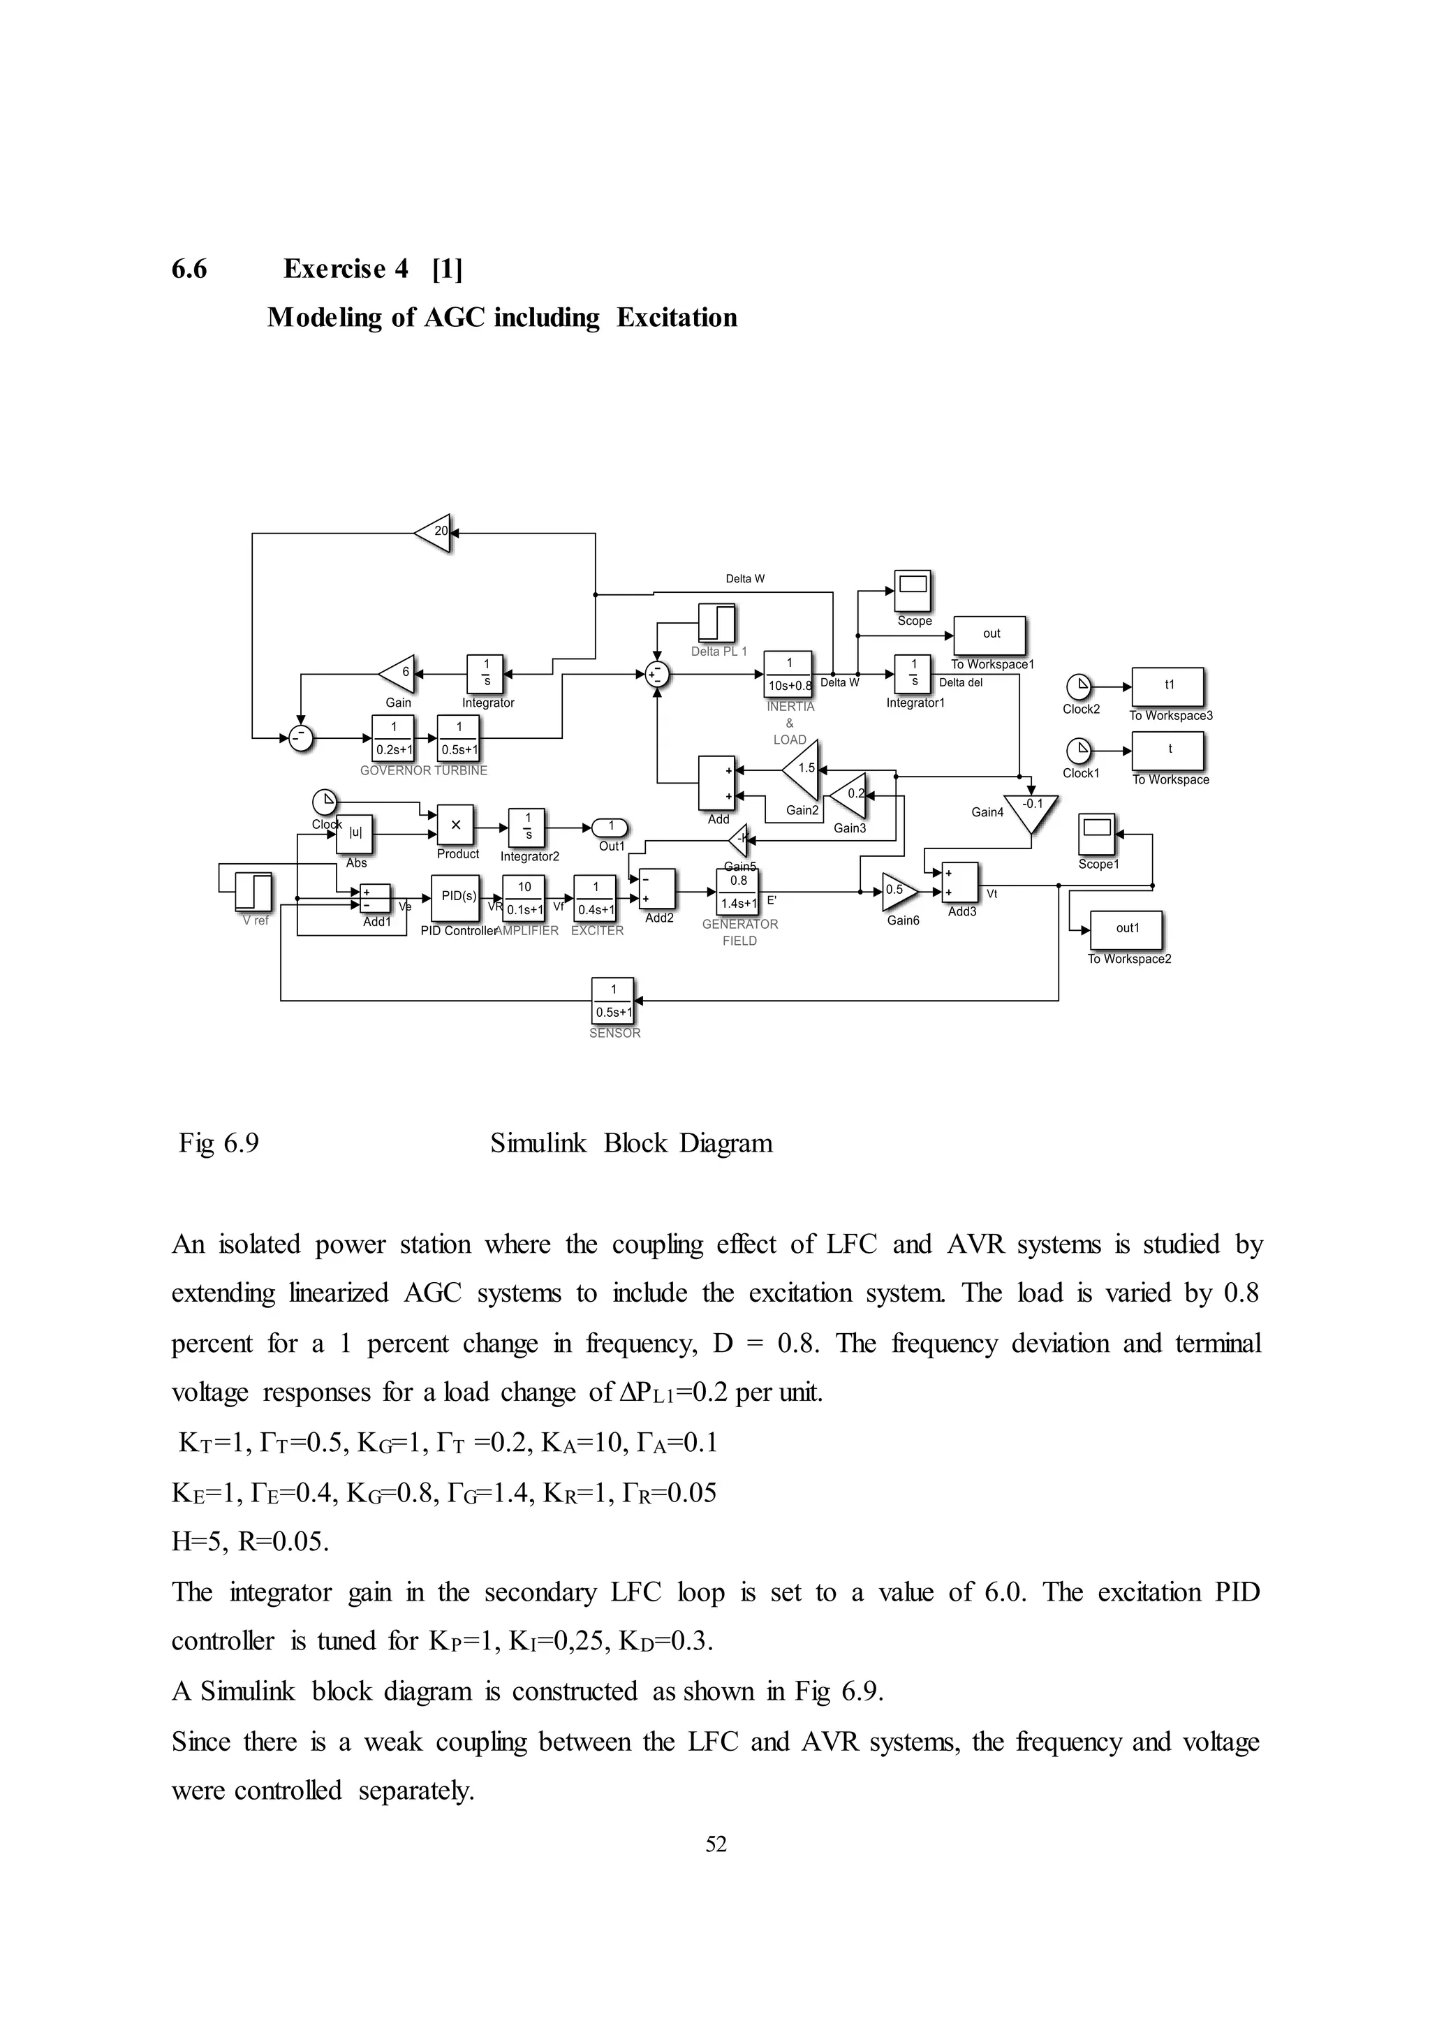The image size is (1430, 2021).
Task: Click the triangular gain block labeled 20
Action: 434,533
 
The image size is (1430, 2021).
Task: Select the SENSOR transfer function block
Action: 614,1001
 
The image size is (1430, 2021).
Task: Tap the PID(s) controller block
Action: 456,897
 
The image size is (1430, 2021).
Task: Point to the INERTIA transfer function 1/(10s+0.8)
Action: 788,675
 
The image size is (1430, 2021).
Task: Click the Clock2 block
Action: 1079,687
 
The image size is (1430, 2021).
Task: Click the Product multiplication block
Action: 456,826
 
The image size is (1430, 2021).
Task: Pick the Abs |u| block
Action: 355,834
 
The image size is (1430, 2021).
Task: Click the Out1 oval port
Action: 610,827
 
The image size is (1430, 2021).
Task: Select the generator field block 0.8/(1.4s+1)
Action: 738,891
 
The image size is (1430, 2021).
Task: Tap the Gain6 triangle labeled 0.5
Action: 898,891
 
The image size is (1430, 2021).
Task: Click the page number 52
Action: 716,1844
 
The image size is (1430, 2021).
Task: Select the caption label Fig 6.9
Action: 219,1143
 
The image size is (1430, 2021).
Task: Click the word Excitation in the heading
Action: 677,318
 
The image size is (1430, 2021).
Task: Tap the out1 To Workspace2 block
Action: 1127,930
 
